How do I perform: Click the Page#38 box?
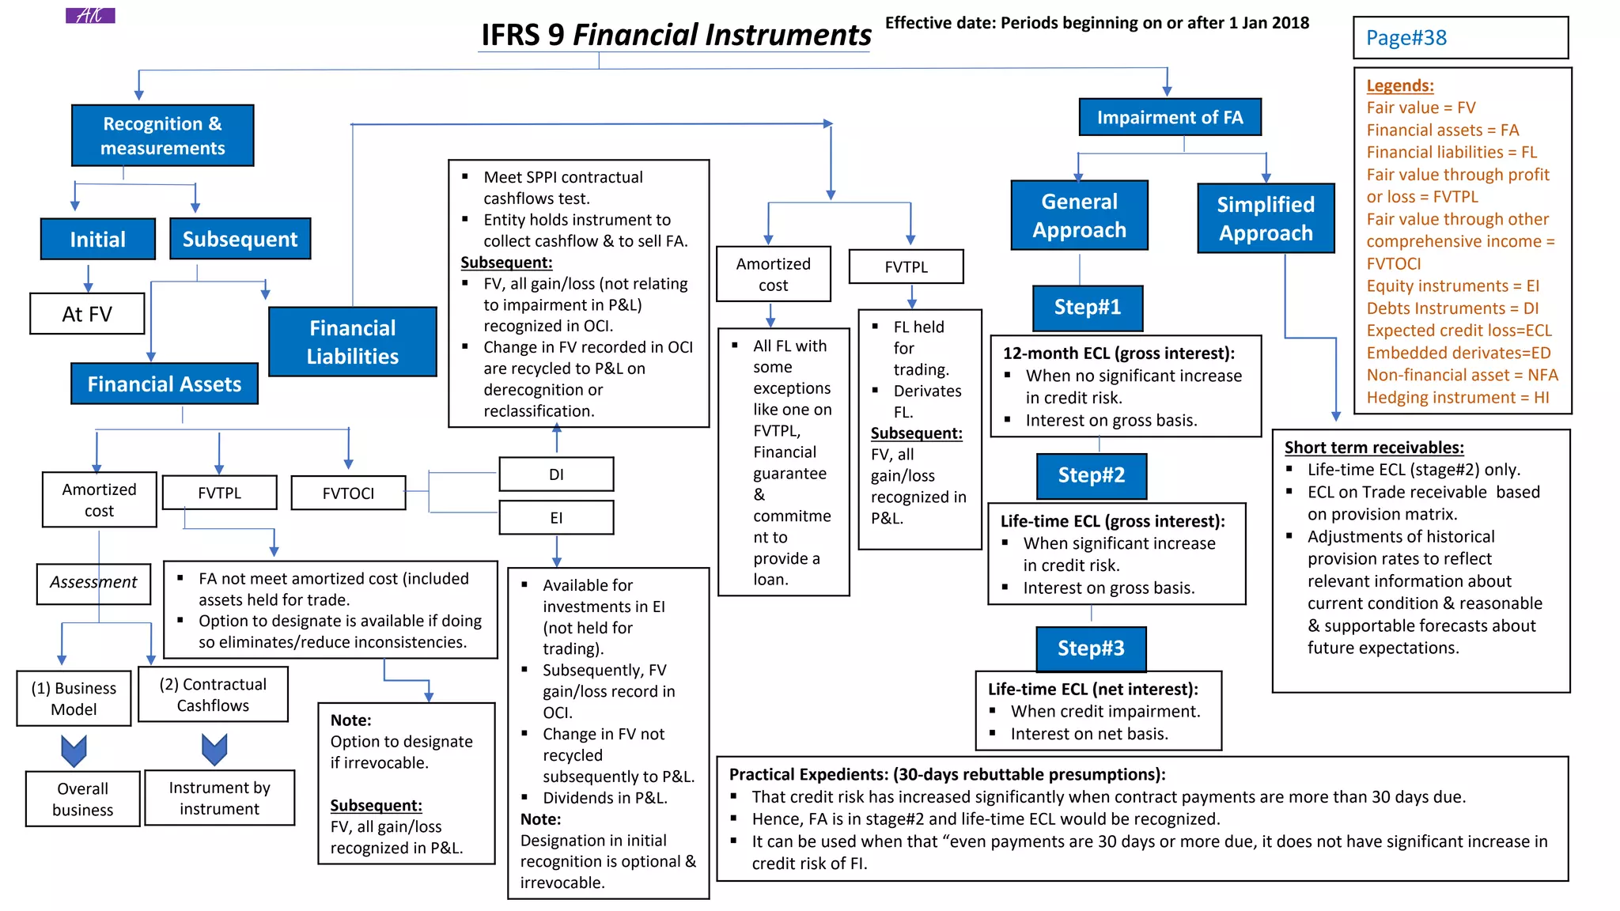1460,38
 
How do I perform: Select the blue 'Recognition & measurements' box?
162,135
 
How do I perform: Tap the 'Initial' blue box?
97,239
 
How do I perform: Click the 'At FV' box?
87,314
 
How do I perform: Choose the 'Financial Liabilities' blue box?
352,342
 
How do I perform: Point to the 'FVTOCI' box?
348,493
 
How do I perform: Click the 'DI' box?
556,474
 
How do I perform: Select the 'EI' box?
556,517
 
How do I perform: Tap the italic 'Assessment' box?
93,583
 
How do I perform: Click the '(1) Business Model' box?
74,698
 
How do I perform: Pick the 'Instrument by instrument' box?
219,798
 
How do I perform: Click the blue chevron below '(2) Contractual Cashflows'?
214,749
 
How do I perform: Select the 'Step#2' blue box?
1091,475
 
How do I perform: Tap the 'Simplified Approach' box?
1265,218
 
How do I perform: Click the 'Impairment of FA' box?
1169,117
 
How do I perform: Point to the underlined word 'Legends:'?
1399,85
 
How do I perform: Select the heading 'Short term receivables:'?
1373,448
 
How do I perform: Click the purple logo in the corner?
90,15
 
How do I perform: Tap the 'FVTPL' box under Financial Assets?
219,493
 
